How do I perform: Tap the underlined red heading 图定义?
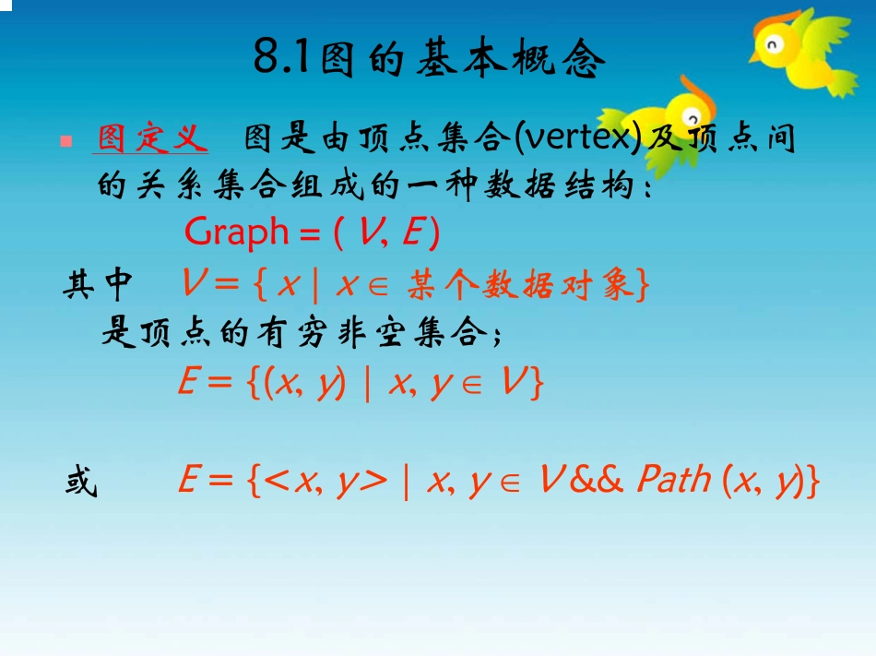tap(151, 139)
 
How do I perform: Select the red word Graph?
tap(237, 232)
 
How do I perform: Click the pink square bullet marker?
tap(65, 141)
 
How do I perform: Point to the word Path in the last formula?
tap(673, 480)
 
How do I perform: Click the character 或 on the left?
tap(81, 481)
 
